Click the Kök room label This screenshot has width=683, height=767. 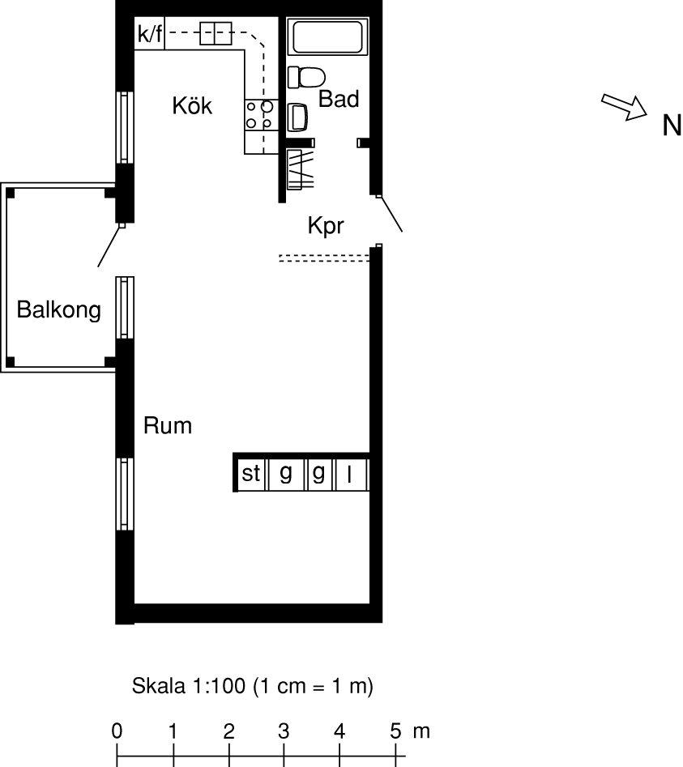click(x=192, y=105)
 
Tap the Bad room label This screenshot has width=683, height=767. click(x=339, y=99)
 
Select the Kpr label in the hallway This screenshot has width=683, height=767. click(x=326, y=226)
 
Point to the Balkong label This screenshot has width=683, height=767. click(x=58, y=310)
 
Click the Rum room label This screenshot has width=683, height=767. click(x=168, y=425)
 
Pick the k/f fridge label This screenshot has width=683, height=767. click(x=150, y=34)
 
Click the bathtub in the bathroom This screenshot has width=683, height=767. click(x=328, y=36)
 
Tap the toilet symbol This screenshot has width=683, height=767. click(x=306, y=77)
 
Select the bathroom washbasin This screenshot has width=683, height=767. click(x=297, y=117)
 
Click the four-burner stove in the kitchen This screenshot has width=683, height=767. click(x=261, y=115)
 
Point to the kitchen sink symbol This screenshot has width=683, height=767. click(x=216, y=34)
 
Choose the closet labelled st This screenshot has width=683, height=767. click(x=251, y=474)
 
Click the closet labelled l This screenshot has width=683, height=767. click(x=350, y=474)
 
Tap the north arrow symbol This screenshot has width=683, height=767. click(x=624, y=107)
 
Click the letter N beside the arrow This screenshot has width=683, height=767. click(x=672, y=126)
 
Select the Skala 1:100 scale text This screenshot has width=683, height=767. click(x=252, y=686)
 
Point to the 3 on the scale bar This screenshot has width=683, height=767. click(x=284, y=731)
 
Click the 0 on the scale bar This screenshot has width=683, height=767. click(x=117, y=731)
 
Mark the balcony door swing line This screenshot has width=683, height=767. click(x=109, y=246)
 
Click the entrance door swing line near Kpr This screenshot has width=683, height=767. click(x=391, y=215)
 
